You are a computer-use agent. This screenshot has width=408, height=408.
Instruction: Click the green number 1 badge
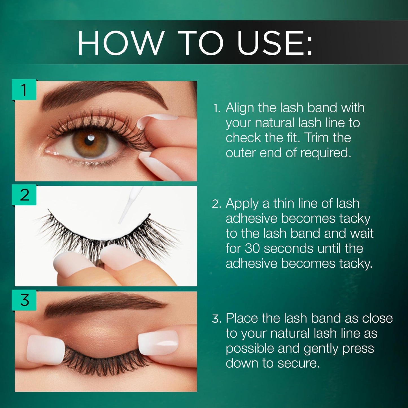coord(24,90)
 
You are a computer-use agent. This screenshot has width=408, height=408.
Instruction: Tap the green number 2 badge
coord(24,195)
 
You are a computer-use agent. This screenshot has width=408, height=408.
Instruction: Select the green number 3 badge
coord(24,300)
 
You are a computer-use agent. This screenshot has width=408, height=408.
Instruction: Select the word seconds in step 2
coord(288,248)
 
